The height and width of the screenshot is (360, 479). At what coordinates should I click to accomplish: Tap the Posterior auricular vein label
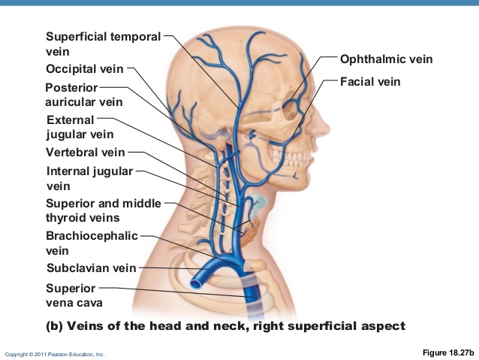click(83, 95)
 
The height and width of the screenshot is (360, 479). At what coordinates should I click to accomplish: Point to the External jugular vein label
click(79, 127)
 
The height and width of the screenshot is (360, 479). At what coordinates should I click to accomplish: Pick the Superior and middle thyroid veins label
click(103, 210)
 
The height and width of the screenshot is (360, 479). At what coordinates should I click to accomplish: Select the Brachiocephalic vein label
click(91, 243)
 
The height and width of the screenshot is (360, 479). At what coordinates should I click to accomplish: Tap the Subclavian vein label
click(91, 268)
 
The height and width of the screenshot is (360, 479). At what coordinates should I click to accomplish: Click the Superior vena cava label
click(74, 295)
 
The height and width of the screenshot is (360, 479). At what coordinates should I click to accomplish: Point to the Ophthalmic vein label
click(386, 59)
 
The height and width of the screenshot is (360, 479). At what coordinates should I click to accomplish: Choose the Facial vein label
click(370, 80)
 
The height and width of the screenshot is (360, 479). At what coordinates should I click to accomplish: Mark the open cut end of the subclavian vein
click(195, 283)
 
